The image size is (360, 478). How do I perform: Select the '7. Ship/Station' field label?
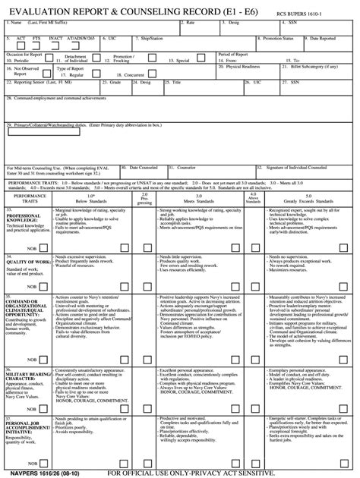147,36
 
